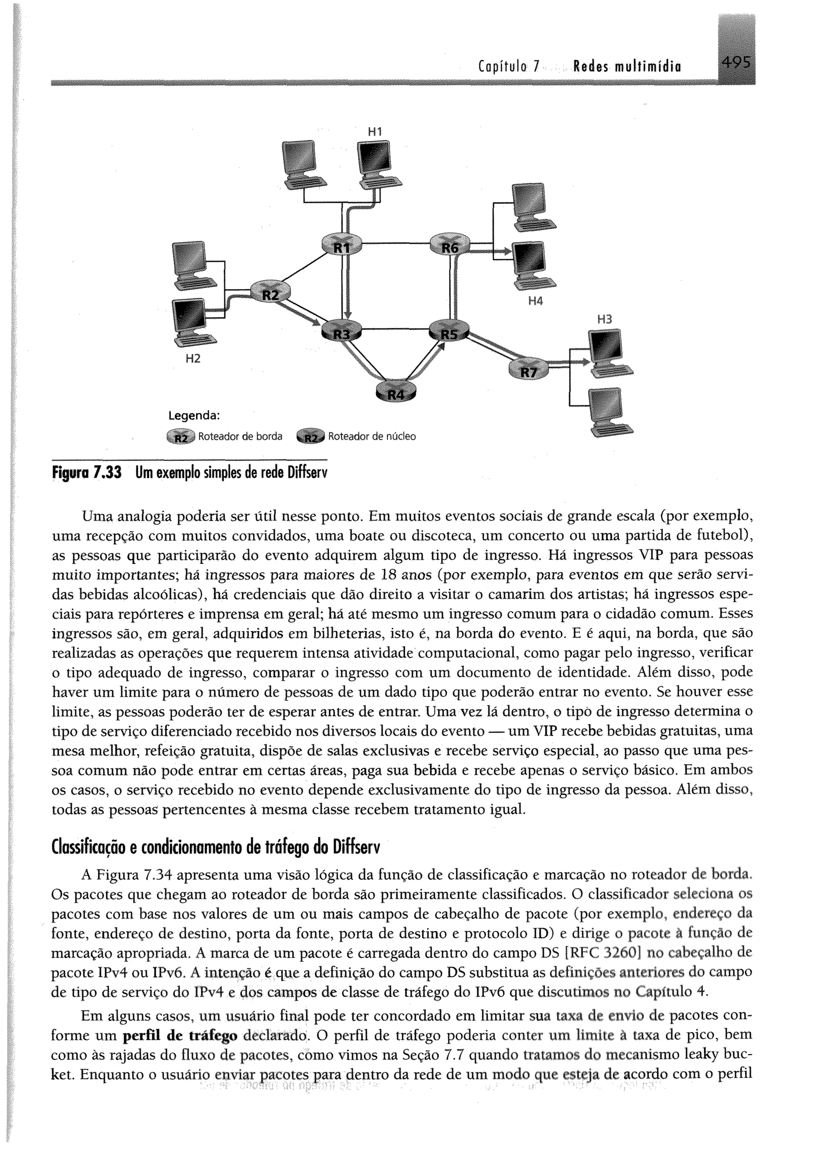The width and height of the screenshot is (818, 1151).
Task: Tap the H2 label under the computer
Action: (x=193, y=359)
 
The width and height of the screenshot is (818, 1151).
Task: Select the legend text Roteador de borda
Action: (x=240, y=436)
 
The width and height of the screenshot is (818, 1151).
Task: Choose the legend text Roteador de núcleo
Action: (x=372, y=436)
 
